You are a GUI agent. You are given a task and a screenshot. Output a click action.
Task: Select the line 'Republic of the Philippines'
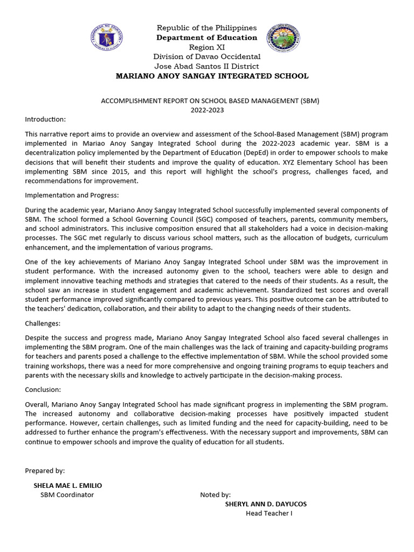tap(206, 28)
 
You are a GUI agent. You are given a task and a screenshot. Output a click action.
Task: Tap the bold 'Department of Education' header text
tap(206, 38)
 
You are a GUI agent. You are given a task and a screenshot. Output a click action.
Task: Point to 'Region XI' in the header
tap(206, 47)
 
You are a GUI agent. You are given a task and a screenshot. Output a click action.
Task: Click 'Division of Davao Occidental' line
tap(206, 57)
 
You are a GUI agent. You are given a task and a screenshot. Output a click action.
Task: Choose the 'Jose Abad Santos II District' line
tap(206, 66)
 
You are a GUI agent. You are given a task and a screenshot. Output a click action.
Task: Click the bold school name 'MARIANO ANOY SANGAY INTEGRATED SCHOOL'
tap(212, 76)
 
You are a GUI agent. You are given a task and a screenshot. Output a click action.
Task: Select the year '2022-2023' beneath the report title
tap(206, 110)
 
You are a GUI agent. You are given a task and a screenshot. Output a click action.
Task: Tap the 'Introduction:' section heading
tap(45, 119)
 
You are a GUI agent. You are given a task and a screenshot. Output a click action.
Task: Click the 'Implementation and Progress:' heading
tap(71, 196)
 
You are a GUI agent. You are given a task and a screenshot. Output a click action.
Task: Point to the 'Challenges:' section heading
tap(43, 323)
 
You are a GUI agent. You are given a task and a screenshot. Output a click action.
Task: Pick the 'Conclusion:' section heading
tap(43, 390)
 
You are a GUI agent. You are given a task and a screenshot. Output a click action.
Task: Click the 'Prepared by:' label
tap(45, 471)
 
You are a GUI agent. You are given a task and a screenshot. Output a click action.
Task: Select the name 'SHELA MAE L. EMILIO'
tap(67, 485)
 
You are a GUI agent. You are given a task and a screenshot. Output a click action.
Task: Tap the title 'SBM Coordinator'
tap(67, 495)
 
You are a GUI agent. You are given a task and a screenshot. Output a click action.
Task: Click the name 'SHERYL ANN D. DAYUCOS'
tap(266, 504)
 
